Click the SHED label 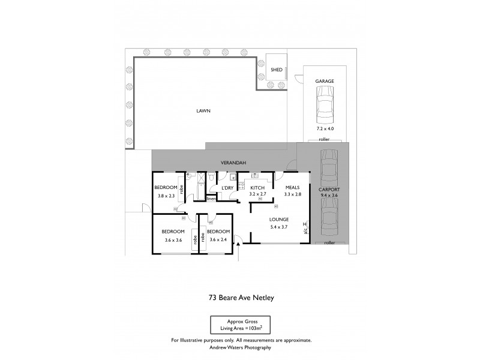point(277,70)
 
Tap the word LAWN point(203,111)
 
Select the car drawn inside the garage point(324,106)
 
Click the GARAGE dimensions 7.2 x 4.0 point(325,129)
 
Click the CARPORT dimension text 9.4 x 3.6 point(329,195)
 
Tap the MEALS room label point(292,188)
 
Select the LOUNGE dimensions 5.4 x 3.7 point(279,226)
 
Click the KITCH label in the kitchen point(257,188)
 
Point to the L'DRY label point(227,188)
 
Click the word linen point(211,199)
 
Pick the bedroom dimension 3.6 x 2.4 point(218,239)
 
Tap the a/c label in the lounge point(305,230)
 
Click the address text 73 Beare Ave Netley point(240,295)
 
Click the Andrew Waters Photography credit point(241,347)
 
